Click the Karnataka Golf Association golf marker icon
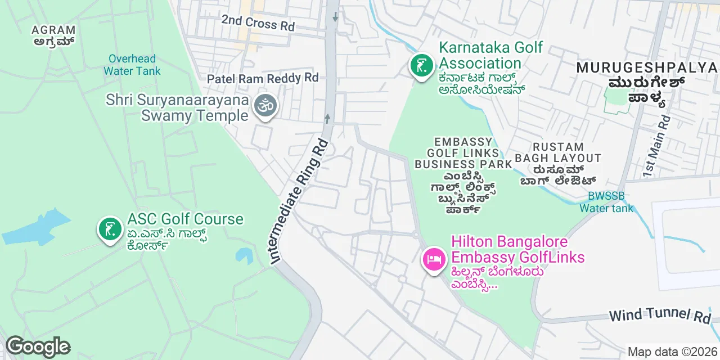(421, 66)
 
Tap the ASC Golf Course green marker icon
(110, 228)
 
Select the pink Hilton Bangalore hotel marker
(434, 259)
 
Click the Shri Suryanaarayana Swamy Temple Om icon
(265, 105)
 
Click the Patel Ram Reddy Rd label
(263, 78)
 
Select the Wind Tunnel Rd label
(660, 316)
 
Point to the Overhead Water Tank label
(132, 65)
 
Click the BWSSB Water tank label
(606, 202)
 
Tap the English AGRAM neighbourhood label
(53, 30)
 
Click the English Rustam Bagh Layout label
(558, 152)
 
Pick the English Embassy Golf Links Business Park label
(463, 152)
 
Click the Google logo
(38, 346)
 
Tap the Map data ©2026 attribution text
(672, 352)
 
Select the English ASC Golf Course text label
(185, 219)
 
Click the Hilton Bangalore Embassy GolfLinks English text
(517, 250)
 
